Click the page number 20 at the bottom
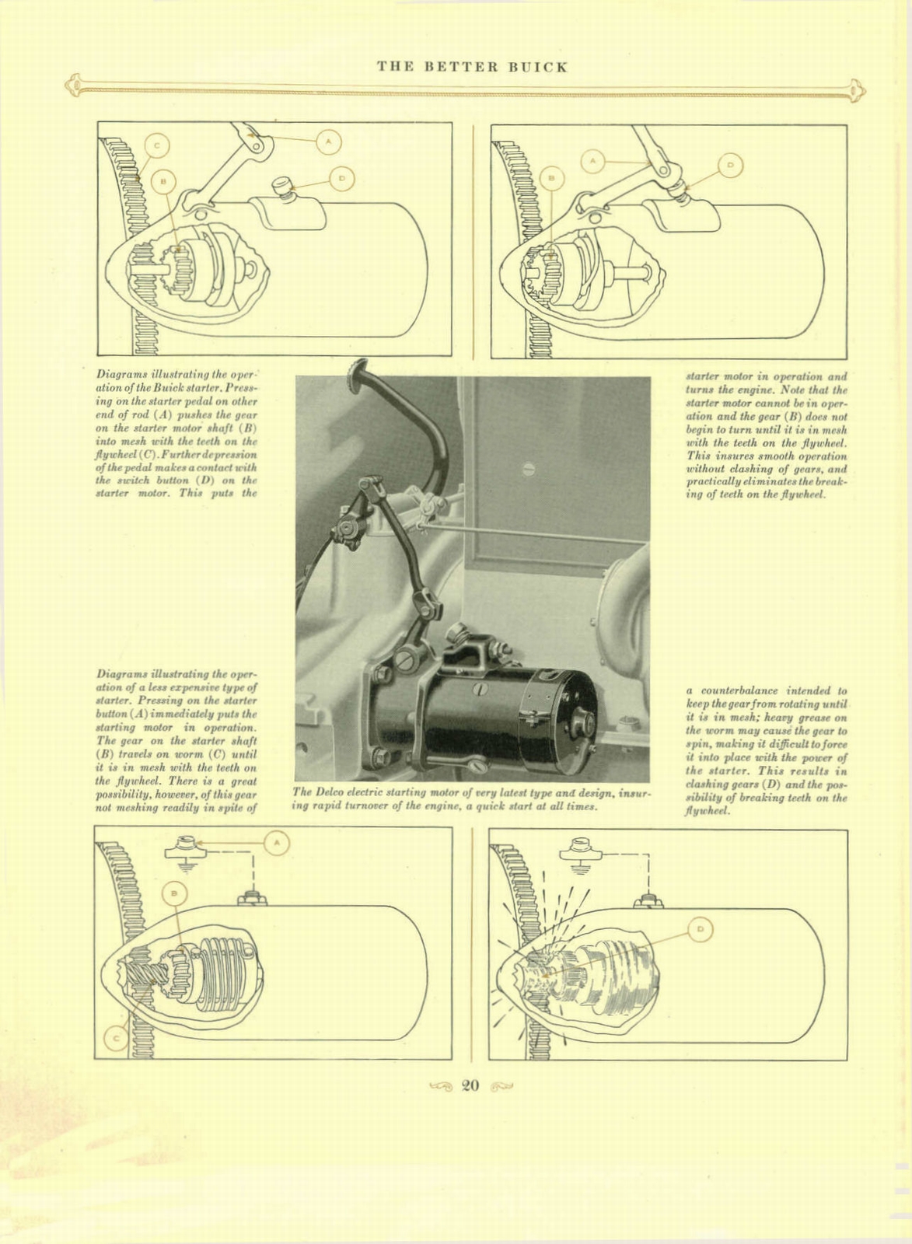click(470, 1086)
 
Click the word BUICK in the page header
click(538, 67)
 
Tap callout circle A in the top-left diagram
click(329, 141)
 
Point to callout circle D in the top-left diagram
click(342, 179)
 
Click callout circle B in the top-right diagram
click(551, 178)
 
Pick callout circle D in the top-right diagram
click(729, 165)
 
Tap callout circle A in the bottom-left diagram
click(277, 843)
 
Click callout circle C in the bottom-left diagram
click(117, 1038)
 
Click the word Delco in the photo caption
click(327, 792)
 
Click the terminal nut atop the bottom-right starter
click(649, 900)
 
